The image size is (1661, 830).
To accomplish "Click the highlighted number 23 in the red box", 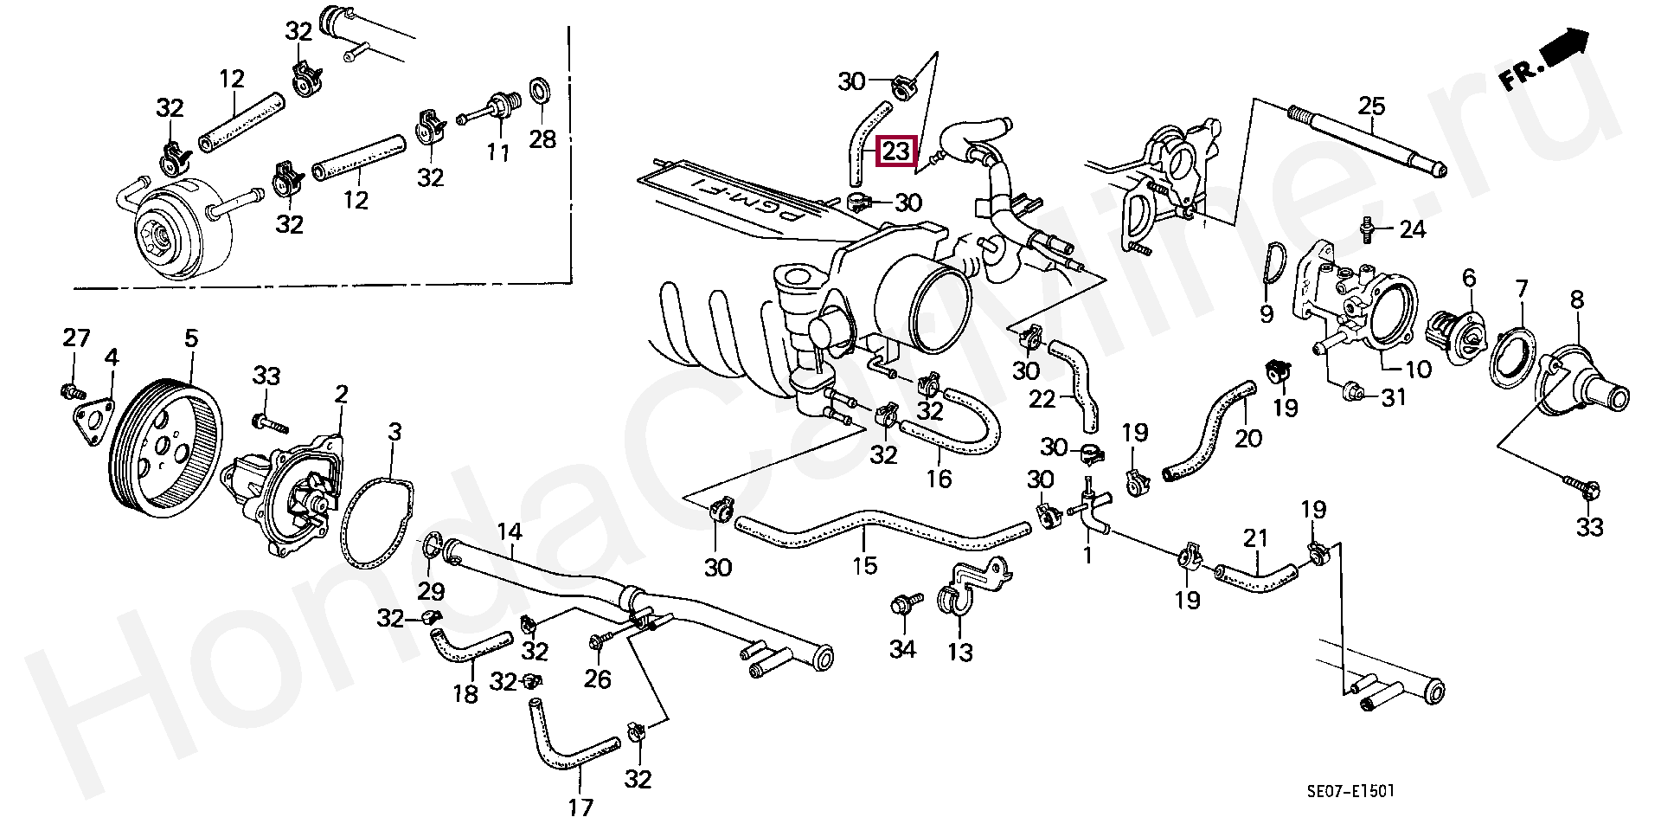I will [x=895, y=152].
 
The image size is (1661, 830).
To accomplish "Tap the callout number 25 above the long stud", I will [x=1371, y=106].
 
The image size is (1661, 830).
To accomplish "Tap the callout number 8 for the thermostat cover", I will [x=1577, y=300].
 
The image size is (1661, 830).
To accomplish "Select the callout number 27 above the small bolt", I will [x=76, y=338].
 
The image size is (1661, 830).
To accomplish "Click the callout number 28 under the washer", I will [x=542, y=138].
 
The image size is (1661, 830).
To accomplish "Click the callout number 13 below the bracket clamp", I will [x=960, y=651].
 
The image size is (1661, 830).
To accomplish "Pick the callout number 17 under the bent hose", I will [x=580, y=807].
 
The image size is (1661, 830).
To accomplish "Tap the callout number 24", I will [x=1412, y=229].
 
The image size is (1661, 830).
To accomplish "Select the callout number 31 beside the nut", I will [x=1393, y=397].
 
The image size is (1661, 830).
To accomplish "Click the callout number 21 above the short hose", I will [x=1255, y=537].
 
